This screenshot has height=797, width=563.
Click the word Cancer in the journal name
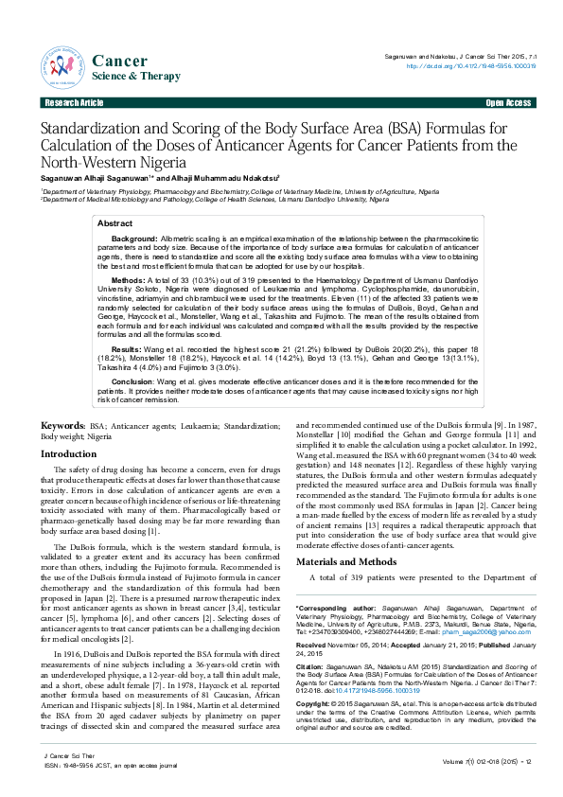[118, 61]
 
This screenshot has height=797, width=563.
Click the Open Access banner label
[507, 101]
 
